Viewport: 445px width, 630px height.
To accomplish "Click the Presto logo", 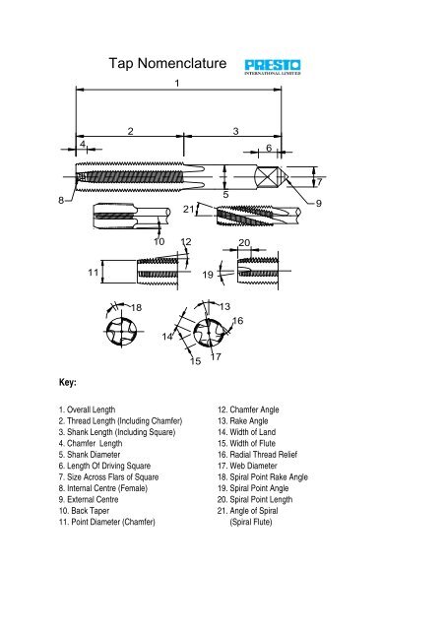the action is click(x=272, y=67).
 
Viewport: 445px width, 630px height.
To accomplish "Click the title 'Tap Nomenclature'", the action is click(x=167, y=63).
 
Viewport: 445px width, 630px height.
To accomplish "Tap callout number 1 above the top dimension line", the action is click(x=177, y=83).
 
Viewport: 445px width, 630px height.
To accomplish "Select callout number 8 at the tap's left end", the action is click(x=61, y=200).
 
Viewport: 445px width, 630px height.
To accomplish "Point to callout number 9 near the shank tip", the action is click(x=318, y=203).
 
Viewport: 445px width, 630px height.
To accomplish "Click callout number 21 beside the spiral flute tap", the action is click(x=188, y=209).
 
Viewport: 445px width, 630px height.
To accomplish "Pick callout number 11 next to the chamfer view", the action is click(x=94, y=273).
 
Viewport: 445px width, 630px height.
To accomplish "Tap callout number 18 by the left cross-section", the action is click(x=136, y=307).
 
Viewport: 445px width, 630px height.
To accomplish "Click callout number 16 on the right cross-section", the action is click(x=238, y=321).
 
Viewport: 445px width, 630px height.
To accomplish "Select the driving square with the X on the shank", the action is click(x=267, y=177).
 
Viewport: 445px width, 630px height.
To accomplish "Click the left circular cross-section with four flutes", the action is click(x=121, y=332).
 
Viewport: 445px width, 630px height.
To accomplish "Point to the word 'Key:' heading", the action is click(x=68, y=382).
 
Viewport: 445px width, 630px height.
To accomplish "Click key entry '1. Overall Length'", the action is click(x=87, y=409).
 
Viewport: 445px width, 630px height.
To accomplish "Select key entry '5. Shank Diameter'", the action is click(x=90, y=455).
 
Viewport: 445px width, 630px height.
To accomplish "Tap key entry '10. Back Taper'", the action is click(x=84, y=511).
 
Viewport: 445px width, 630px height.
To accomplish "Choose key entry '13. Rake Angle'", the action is click(x=243, y=420).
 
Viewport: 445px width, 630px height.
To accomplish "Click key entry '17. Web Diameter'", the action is click(x=248, y=466).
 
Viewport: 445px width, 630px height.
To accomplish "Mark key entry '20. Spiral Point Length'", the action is click(x=255, y=499).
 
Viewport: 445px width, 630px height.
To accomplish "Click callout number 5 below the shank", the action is click(x=225, y=195).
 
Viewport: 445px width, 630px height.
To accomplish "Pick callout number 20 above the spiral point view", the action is click(x=244, y=243).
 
